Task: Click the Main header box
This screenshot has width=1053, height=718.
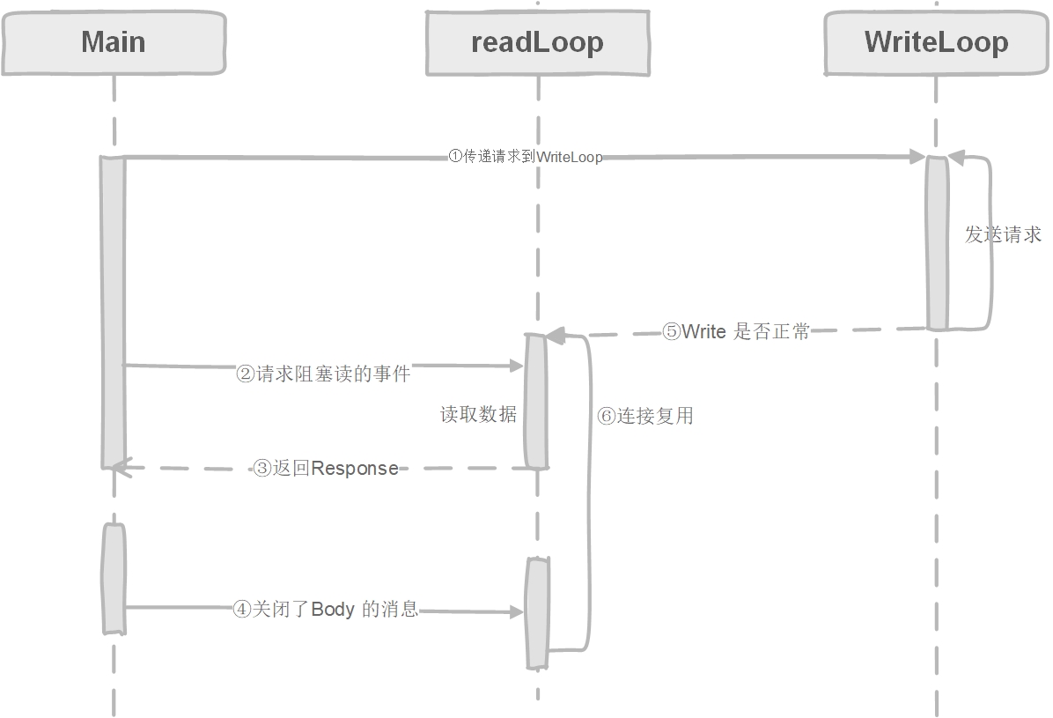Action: [114, 43]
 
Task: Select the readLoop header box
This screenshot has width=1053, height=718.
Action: [537, 43]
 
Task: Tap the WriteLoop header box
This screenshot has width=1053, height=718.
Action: [936, 43]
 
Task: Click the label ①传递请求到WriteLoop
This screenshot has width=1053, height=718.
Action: [526, 157]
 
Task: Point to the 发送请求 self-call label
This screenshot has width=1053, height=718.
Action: [1003, 234]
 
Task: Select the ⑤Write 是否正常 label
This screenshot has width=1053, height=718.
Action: [735, 332]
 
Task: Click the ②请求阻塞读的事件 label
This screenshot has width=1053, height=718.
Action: [324, 374]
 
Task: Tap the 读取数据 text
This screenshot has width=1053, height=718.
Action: [478, 414]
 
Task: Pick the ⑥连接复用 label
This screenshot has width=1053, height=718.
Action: [645, 416]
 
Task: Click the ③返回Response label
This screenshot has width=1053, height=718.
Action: [325, 469]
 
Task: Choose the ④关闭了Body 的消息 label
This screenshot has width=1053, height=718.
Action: [325, 610]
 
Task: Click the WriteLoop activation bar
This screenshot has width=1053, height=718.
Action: [937, 243]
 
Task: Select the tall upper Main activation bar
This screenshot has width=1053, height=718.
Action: [113, 312]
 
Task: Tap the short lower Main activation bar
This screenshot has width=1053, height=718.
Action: [114, 578]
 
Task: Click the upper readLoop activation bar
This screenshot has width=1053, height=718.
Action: [536, 401]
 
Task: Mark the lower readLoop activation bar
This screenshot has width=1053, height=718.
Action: [537, 612]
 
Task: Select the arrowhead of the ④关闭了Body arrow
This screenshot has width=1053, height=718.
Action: [518, 611]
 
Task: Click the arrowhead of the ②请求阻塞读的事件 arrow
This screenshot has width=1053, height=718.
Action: [517, 366]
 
